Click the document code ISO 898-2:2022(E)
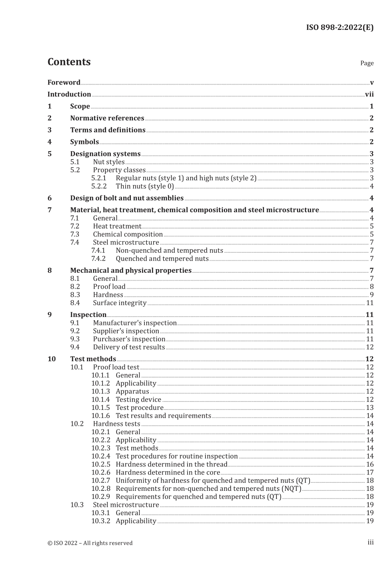click(x=340, y=28)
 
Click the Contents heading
click(x=69, y=62)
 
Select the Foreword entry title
click(x=64, y=83)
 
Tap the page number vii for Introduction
click(x=369, y=94)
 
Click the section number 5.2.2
click(x=99, y=186)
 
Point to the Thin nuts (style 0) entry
click(x=145, y=186)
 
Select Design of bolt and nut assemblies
click(x=127, y=198)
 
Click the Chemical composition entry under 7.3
click(x=128, y=234)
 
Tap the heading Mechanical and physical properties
click(x=131, y=270)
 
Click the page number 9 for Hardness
click(x=371, y=295)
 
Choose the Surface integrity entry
click(x=120, y=303)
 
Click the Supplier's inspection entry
click(x=126, y=331)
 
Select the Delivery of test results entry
click(x=129, y=347)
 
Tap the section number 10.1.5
click(x=100, y=407)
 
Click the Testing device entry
click(x=138, y=400)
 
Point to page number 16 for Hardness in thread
click(x=369, y=465)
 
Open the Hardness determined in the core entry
click(x=168, y=472)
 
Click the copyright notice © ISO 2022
click(x=90, y=543)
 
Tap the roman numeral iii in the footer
click(x=370, y=542)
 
